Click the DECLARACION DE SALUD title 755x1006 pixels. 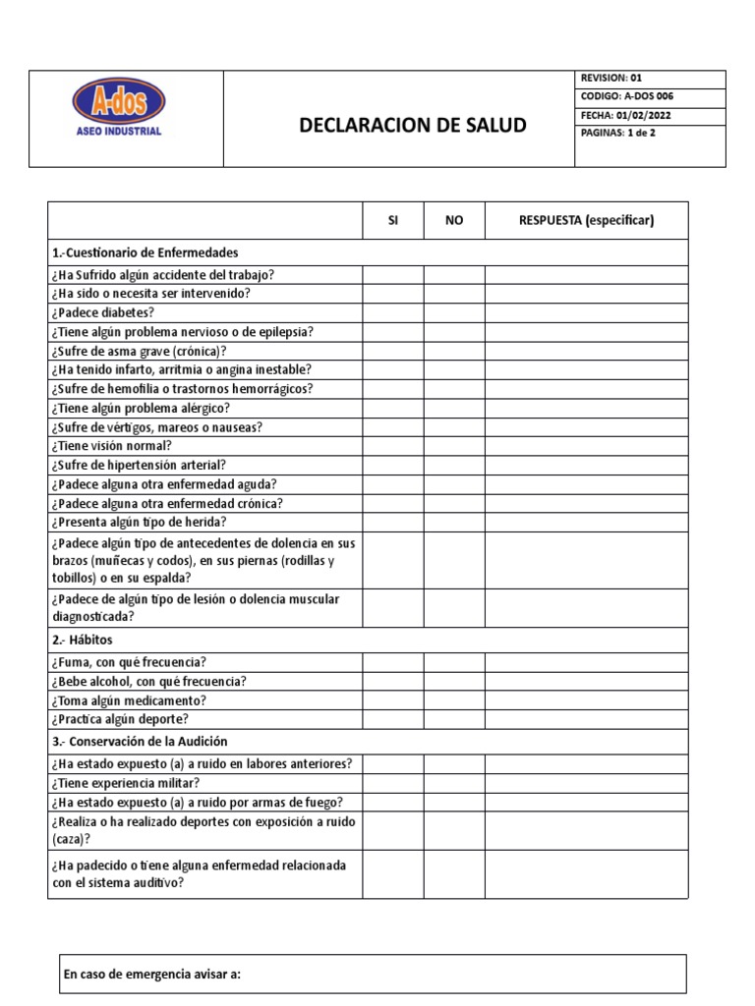coord(412,126)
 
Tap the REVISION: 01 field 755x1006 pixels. coord(611,79)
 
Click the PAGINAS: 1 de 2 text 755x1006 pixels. coord(618,133)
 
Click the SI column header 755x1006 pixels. coord(393,220)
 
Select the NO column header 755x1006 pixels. coord(454,220)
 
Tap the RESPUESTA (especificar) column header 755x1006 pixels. coord(586,220)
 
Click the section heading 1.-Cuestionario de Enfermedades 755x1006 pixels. coord(145,252)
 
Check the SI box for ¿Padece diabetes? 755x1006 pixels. coord(393,312)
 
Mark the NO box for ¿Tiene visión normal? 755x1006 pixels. coord(454,446)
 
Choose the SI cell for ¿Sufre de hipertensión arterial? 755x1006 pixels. coord(393,465)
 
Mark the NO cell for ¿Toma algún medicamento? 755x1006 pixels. coord(454,700)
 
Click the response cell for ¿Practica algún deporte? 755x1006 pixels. coord(586,720)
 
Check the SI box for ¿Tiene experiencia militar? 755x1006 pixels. coord(393,783)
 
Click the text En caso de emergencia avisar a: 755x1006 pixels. coord(151,975)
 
